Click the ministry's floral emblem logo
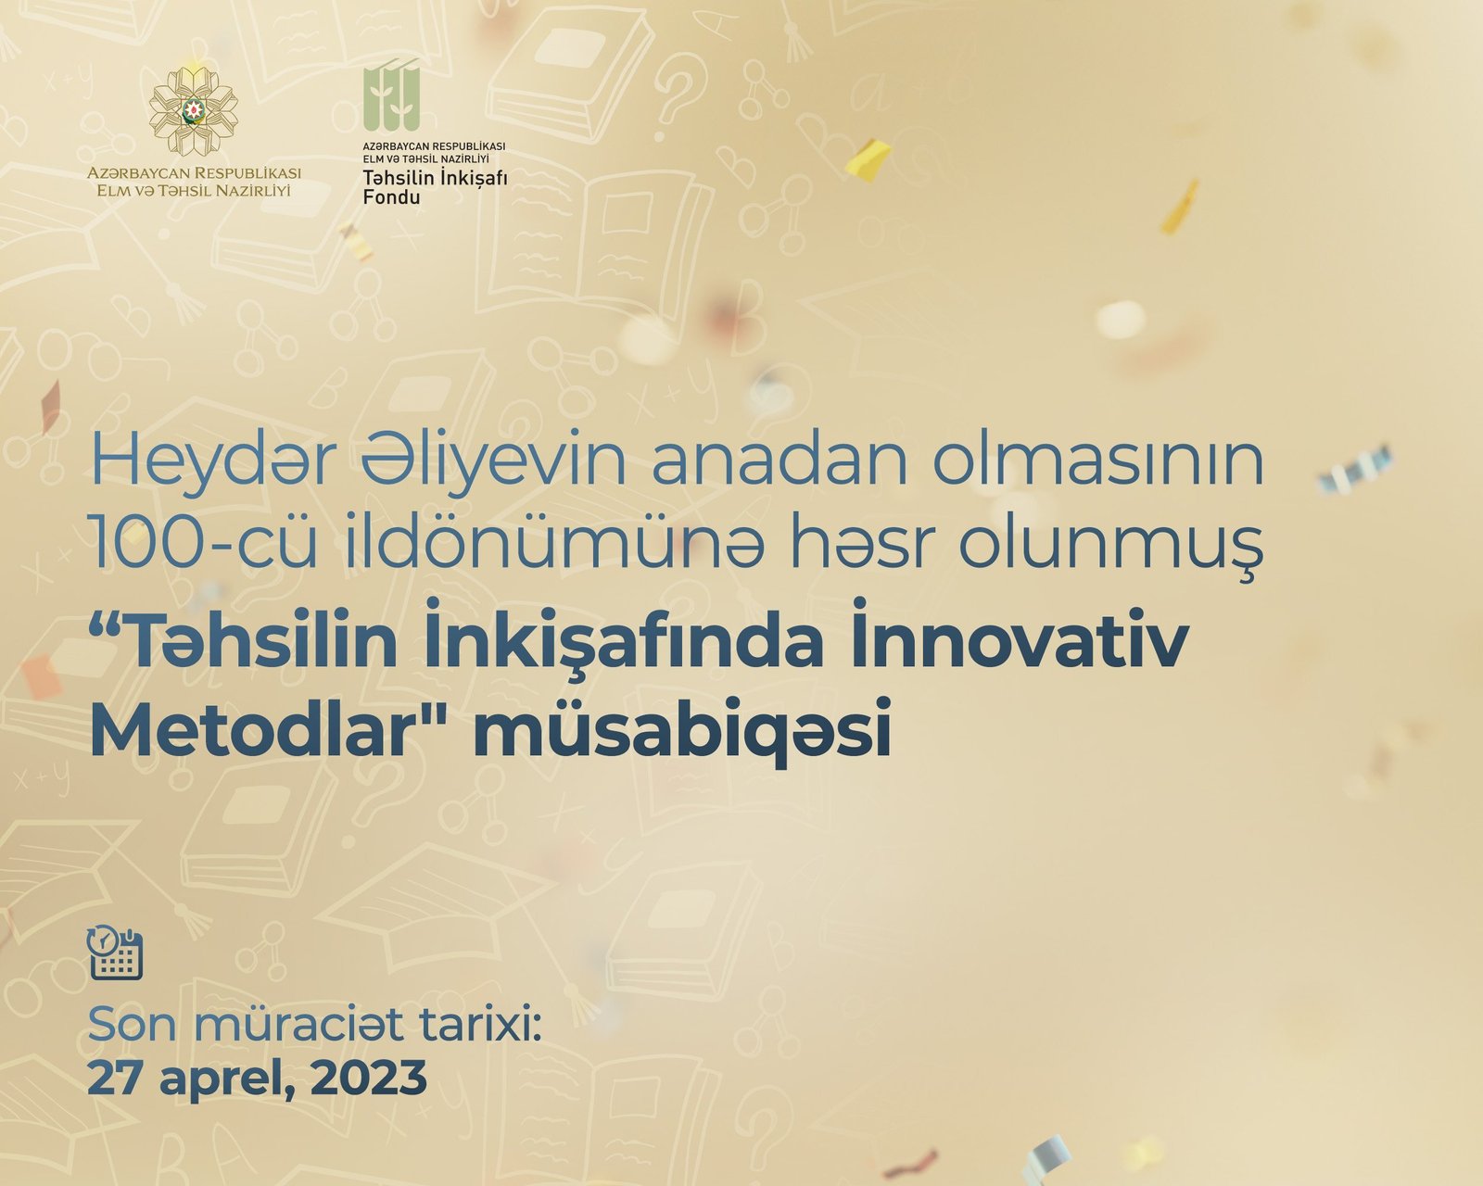[x=194, y=111]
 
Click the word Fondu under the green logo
[x=391, y=197]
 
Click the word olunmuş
[x=1111, y=549]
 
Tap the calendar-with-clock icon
[x=115, y=953]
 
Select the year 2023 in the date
[x=369, y=1078]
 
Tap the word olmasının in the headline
[x=1097, y=460]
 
